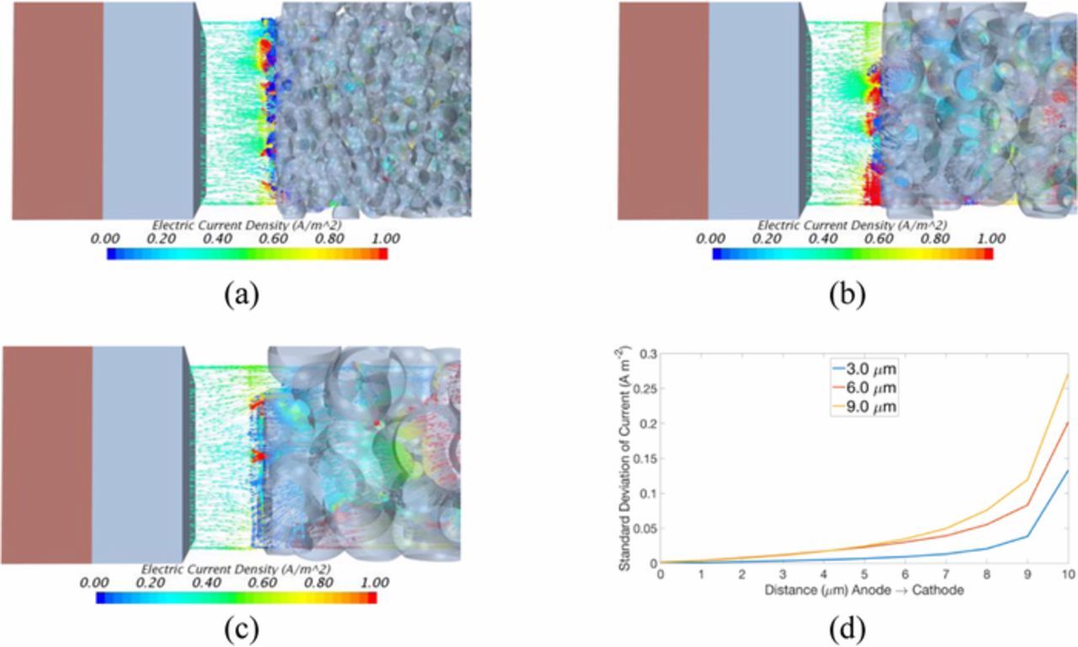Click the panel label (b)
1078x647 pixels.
point(847,295)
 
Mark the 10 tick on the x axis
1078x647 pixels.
point(1067,575)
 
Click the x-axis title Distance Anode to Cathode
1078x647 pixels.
point(864,591)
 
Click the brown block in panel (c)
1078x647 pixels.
point(47,453)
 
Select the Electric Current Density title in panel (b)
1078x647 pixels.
point(851,225)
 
